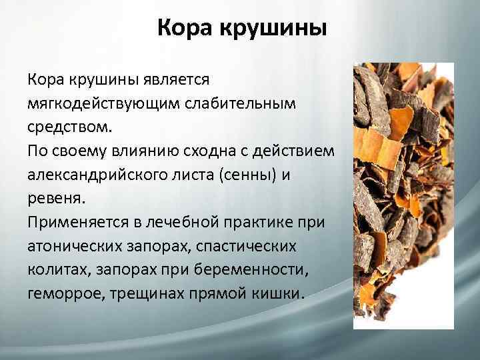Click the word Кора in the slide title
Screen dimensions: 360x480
tap(183, 29)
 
